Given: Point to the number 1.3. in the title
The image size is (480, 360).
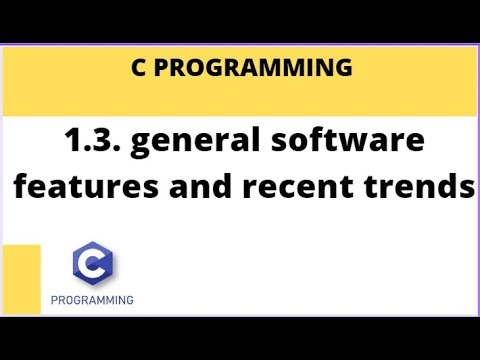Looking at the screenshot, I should pyautogui.click(x=91, y=142).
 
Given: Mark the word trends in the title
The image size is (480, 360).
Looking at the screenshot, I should pyautogui.click(x=420, y=187).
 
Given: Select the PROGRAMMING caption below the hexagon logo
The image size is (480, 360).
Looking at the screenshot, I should pyautogui.click(x=93, y=299).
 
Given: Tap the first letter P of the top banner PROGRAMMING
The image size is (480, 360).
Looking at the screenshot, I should pyautogui.click(x=165, y=69).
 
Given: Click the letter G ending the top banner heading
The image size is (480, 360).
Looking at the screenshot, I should pyautogui.click(x=343, y=69).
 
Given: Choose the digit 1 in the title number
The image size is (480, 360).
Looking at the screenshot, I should pyautogui.click(x=66, y=142).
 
